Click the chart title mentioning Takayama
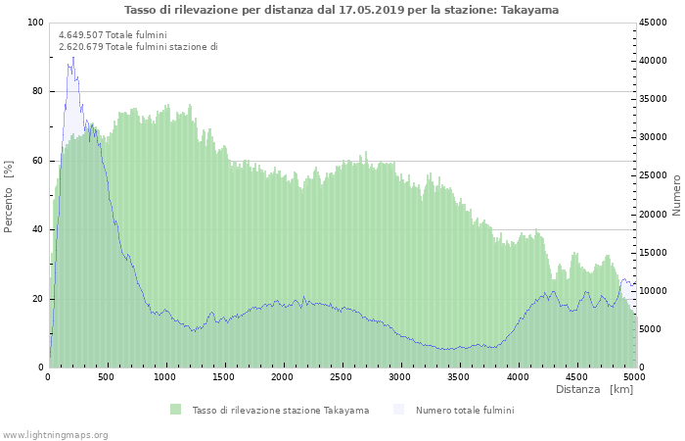tap(342, 10)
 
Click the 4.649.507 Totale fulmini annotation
tap(113, 35)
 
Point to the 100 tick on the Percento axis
tap(35, 23)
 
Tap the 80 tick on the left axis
tap(38, 91)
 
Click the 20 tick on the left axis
tap(38, 299)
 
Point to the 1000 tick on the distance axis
tap(165, 376)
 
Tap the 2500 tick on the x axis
tap(341, 376)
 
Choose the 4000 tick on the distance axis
tap(517, 376)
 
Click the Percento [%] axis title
tap(9, 196)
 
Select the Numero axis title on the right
tap(675, 194)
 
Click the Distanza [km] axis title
tap(594, 390)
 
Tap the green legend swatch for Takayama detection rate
tap(176, 410)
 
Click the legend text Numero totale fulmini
tap(464, 410)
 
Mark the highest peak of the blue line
tap(72, 57)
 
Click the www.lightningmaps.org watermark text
tap(55, 434)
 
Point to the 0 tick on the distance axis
tap(49, 376)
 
